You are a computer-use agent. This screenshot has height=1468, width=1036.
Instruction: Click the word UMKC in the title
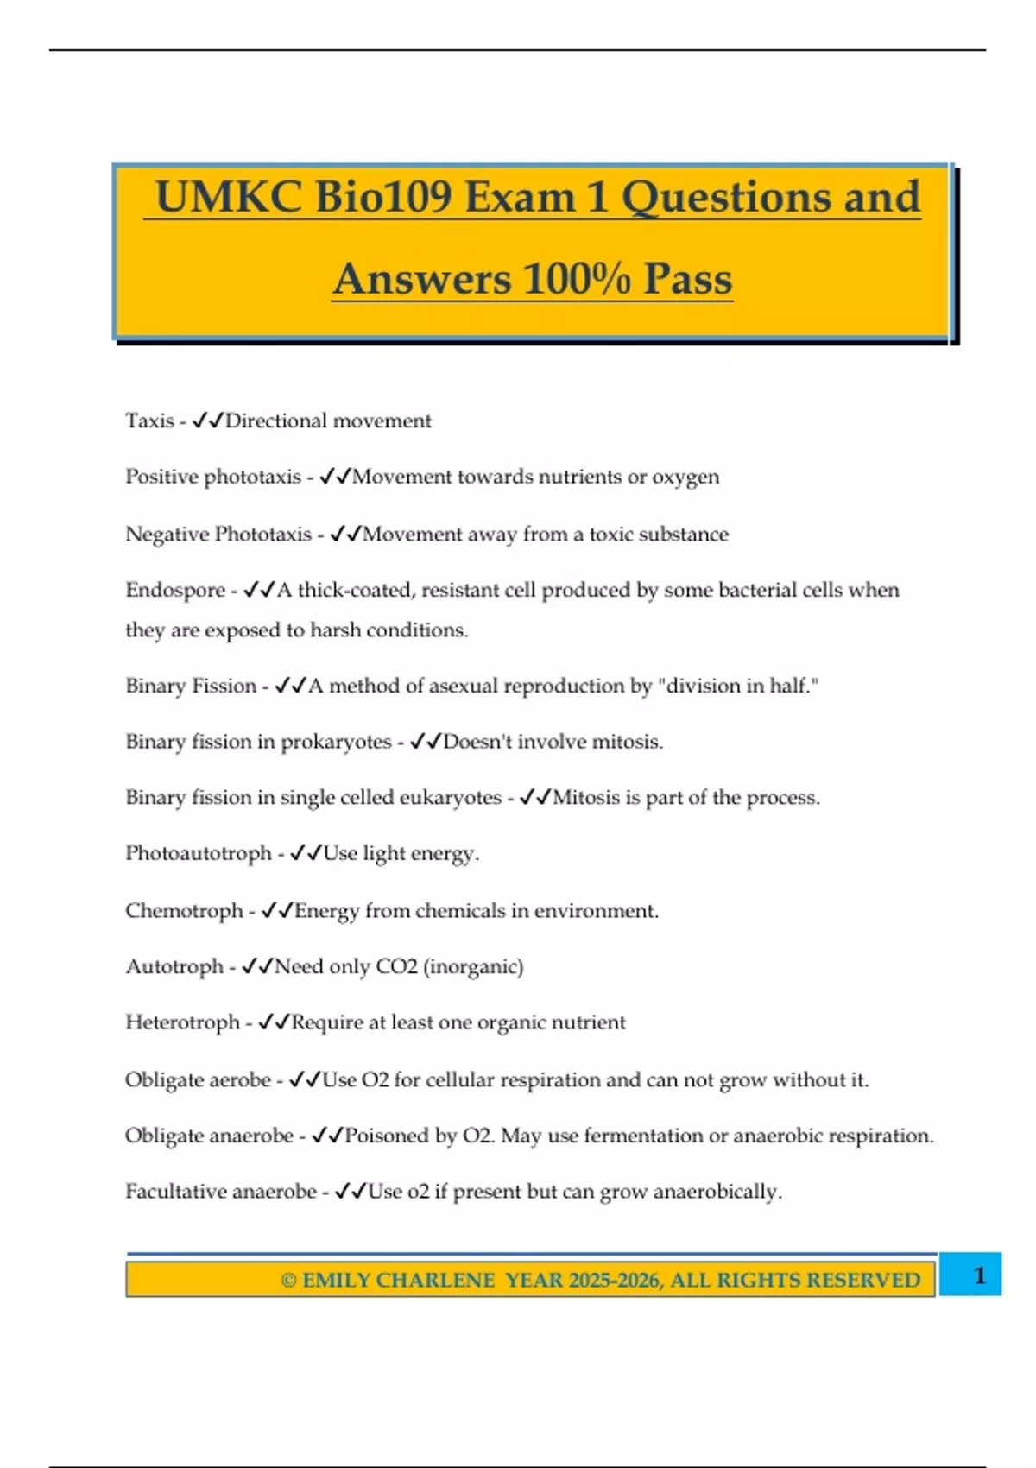(x=228, y=197)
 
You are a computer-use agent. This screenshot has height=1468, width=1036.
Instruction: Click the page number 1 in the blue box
(x=979, y=1275)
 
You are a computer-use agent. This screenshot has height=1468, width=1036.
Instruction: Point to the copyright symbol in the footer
(x=288, y=1281)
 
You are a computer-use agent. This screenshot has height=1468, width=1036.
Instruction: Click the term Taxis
(x=149, y=421)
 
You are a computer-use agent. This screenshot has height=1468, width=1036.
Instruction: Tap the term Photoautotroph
(x=199, y=853)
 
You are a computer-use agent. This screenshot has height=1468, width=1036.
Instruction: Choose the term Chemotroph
(x=184, y=910)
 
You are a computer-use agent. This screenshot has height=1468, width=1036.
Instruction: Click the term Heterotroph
(x=182, y=1022)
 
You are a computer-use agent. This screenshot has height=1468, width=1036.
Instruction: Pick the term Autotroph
(x=174, y=966)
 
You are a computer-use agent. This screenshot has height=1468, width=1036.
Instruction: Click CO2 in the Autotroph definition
(x=396, y=966)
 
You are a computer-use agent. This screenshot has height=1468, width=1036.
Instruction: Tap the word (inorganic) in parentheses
(x=473, y=966)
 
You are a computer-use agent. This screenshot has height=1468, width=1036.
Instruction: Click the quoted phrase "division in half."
(x=738, y=686)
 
